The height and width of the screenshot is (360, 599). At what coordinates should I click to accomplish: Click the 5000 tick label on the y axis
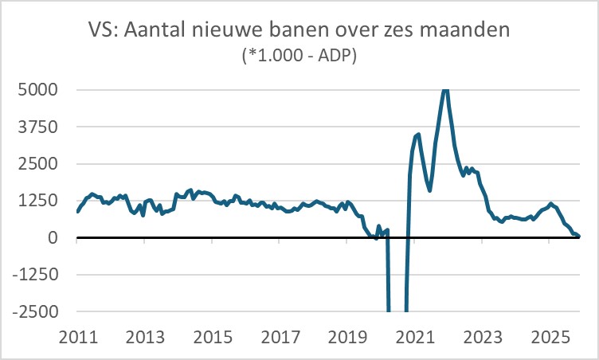[37, 89]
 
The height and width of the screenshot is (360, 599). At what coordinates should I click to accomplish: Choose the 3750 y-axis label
[37, 127]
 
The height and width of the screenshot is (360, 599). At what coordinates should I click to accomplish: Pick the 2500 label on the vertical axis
[37, 163]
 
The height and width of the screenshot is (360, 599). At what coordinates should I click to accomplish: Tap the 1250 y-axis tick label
[37, 201]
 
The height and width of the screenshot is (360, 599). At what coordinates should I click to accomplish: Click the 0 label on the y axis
[52, 237]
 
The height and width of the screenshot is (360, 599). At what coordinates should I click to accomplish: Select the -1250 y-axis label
[34, 275]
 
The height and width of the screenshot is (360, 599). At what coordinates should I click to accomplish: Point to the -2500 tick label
[34, 311]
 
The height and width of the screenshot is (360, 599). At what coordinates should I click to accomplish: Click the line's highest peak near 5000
[445, 90]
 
